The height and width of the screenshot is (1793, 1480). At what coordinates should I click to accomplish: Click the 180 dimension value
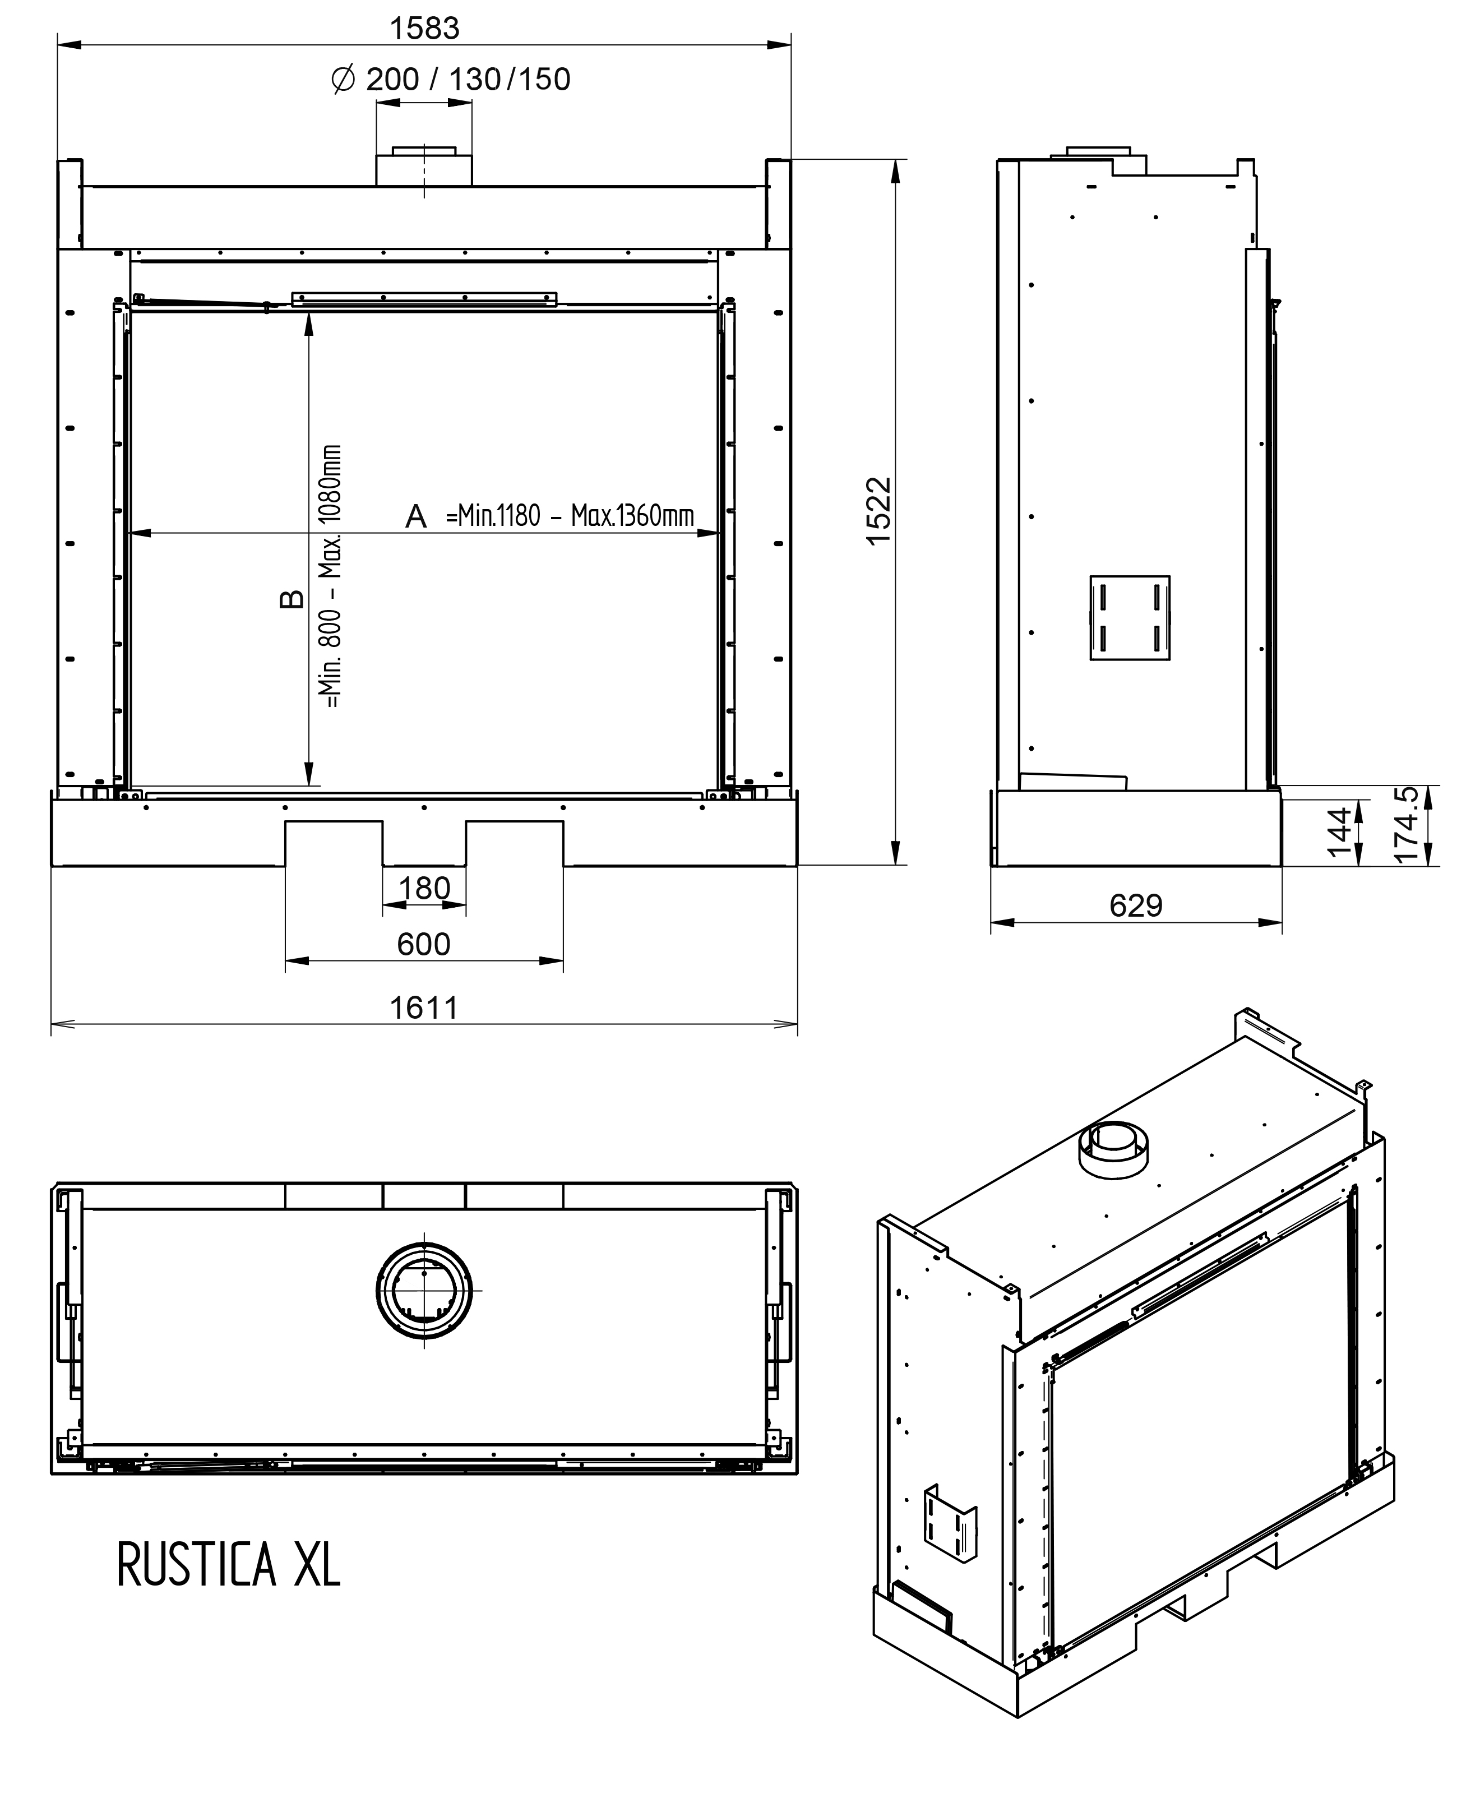[x=424, y=889]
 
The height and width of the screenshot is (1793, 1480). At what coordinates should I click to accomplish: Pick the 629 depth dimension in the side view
[x=1136, y=905]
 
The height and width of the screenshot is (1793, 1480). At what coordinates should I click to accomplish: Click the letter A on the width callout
[x=416, y=517]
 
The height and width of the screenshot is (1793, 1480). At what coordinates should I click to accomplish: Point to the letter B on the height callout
[x=292, y=599]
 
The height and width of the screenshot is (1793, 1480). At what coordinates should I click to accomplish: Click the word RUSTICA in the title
[x=197, y=1564]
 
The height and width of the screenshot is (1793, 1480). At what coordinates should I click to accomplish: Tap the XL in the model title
[x=317, y=1564]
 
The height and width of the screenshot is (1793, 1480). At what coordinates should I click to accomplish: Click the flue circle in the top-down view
[x=424, y=1291]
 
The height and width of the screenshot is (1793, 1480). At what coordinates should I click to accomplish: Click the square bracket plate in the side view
[x=1130, y=618]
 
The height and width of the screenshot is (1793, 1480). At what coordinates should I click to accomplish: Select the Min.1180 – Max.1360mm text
[x=570, y=516]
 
